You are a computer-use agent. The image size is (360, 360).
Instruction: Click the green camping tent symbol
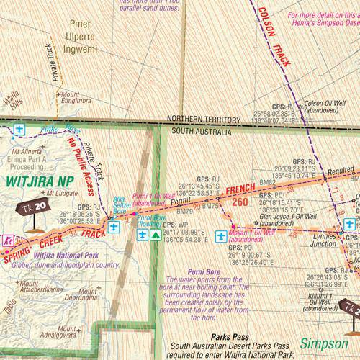tap(155, 235)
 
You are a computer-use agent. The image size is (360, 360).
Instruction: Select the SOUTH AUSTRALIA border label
tap(202, 132)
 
